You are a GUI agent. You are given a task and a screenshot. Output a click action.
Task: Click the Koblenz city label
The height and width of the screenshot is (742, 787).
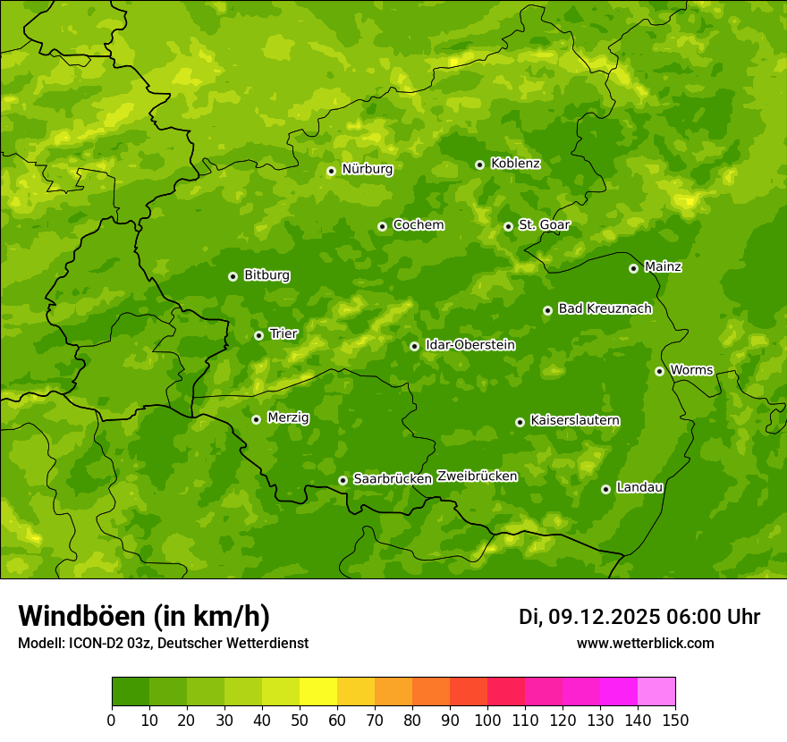coord(515,164)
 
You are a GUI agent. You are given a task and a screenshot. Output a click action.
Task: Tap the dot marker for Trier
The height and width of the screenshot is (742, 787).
coord(258,335)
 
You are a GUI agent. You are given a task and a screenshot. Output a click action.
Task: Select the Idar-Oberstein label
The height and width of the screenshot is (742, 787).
coord(470,345)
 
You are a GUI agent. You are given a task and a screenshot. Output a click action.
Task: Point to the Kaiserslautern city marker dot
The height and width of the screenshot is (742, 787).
coord(520,422)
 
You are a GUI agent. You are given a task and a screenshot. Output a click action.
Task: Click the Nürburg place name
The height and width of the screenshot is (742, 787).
coord(367,169)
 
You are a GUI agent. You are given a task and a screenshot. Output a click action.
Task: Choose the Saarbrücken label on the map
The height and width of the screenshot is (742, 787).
coord(392,479)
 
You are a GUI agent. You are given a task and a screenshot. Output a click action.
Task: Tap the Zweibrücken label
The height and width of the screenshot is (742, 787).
coord(477,476)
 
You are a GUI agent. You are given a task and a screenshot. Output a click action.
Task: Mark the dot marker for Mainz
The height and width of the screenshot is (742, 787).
coord(633,268)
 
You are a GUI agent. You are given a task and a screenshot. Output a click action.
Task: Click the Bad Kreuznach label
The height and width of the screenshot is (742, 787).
coord(605,308)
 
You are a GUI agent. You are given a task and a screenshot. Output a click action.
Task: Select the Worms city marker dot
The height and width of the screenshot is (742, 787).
coord(659,371)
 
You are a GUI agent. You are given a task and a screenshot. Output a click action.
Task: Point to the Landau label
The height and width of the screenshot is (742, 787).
coord(639,487)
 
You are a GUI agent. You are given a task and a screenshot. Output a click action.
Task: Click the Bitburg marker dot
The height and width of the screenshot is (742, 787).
coord(233,276)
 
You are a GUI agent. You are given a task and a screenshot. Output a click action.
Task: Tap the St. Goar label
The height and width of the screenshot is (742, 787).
coord(544,224)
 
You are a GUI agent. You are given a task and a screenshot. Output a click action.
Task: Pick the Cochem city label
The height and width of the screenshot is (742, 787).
coord(418,224)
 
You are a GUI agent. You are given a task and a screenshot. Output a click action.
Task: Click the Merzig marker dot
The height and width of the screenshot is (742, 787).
coord(256,419)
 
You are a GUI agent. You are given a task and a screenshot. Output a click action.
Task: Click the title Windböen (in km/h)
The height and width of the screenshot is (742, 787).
coord(144,616)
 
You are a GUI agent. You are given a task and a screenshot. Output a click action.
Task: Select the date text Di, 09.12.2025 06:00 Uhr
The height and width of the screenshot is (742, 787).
coord(639,617)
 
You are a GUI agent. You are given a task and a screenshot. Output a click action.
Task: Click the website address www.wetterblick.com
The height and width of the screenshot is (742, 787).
coord(645,643)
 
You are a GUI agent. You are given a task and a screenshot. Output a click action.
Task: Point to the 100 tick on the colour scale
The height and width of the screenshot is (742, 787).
coord(487,720)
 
